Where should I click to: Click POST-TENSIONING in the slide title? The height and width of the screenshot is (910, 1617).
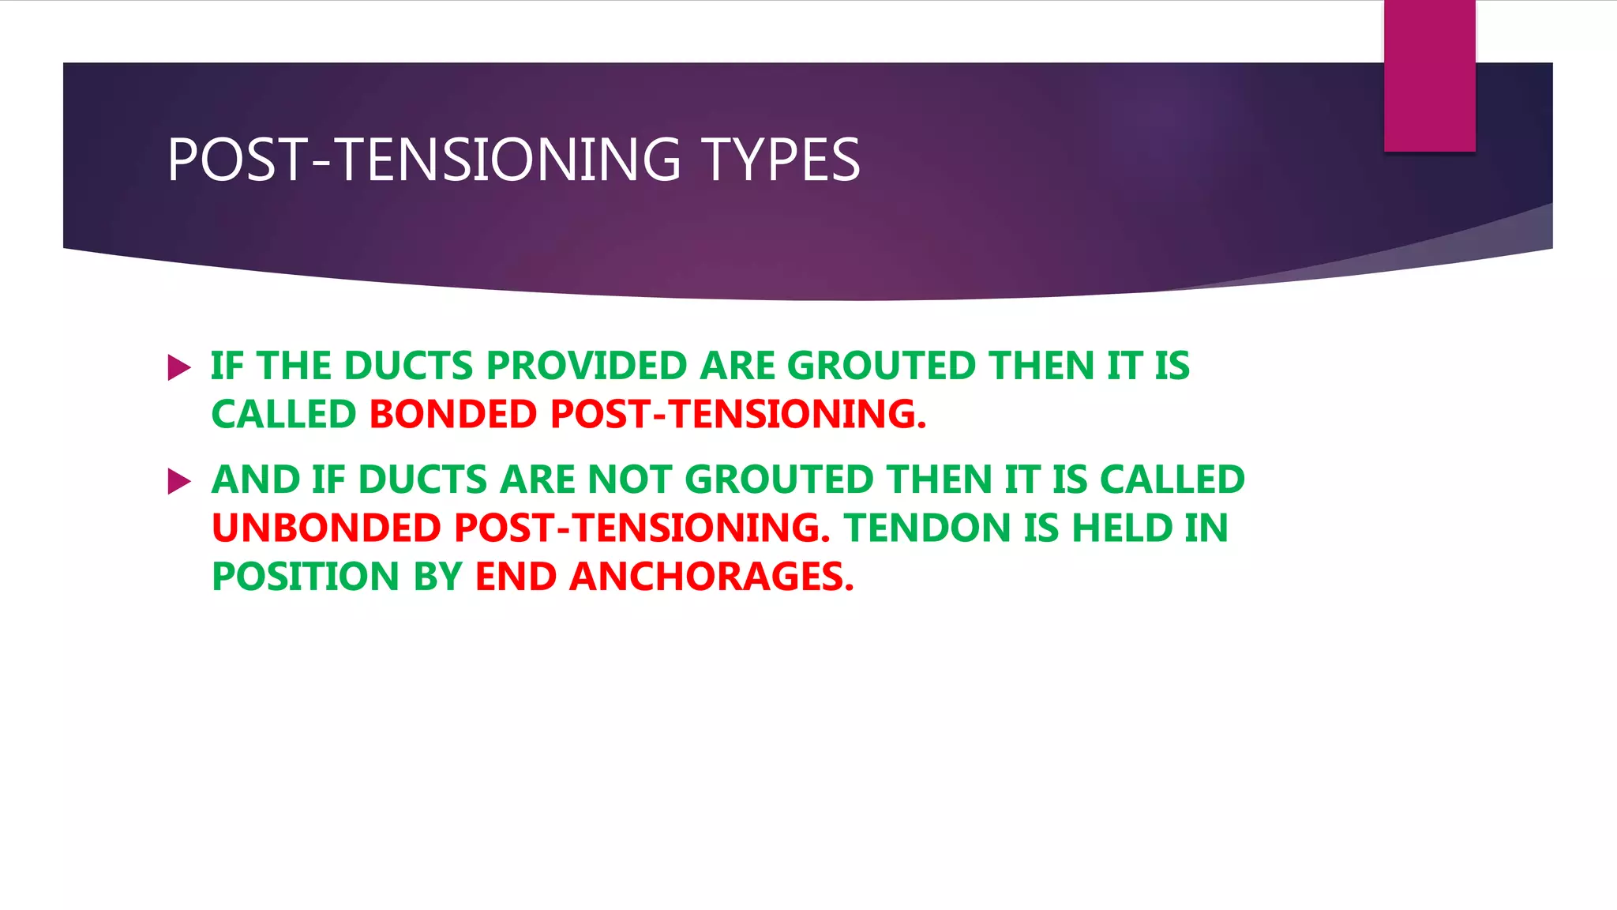[x=424, y=160]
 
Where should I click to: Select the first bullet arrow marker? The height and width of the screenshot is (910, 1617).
[x=179, y=367]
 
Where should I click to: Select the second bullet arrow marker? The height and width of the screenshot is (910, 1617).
[x=179, y=481]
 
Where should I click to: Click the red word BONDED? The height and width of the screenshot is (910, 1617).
[x=453, y=415]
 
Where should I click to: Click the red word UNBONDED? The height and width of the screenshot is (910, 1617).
[x=326, y=528]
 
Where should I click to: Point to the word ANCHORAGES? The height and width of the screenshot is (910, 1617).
[x=711, y=577]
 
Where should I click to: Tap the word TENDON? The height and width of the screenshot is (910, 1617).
[x=927, y=528]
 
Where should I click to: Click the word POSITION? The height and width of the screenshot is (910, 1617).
[x=305, y=577]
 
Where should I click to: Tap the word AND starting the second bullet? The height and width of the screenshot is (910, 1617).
[x=256, y=480]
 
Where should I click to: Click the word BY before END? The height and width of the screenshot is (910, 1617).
[x=437, y=577]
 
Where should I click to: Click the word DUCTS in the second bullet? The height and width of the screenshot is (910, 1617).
[x=422, y=480]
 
